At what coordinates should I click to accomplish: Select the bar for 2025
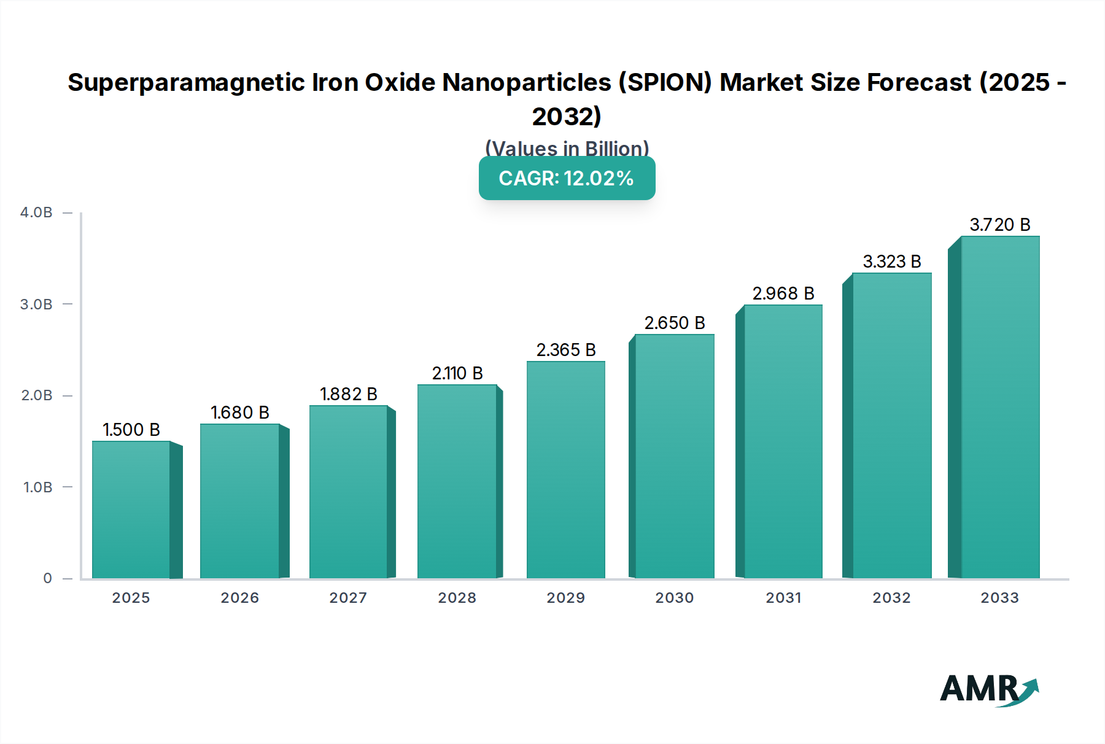coord(131,510)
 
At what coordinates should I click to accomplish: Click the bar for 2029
coord(565,470)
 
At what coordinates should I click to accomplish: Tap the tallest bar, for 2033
coord(1000,407)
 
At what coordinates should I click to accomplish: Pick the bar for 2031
coord(783,441)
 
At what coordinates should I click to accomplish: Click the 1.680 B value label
coord(240,413)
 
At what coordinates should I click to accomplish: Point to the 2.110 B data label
coord(457,373)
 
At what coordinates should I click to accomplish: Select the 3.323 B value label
coord(892,262)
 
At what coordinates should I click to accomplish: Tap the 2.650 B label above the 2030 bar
coord(675,323)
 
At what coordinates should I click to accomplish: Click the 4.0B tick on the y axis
coord(36,212)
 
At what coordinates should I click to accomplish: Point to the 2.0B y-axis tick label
coord(37,395)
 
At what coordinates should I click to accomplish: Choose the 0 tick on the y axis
coord(47,578)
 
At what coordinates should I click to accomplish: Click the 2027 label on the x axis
coord(348,598)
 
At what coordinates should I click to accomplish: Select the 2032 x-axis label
coord(891,598)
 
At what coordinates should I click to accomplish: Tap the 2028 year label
coord(457,598)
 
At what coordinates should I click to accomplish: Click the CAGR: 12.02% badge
coord(567,178)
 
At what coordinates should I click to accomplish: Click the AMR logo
coord(988,689)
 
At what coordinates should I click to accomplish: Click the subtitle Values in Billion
coord(567,149)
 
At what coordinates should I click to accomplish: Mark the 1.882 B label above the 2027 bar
coord(349,394)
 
